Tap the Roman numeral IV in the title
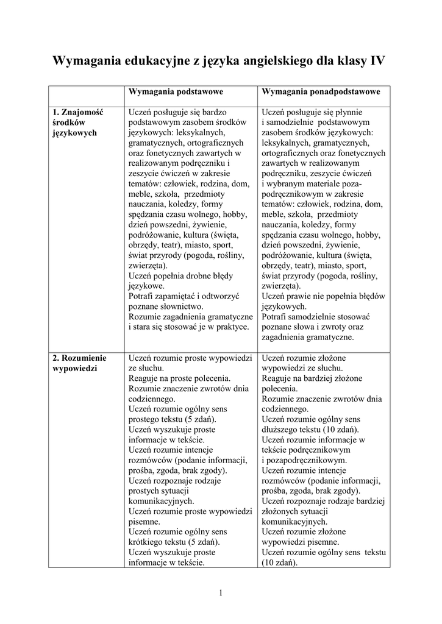(x=376, y=62)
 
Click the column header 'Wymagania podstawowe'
(x=176, y=91)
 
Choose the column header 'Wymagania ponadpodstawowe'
(x=321, y=91)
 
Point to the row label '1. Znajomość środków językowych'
(x=78, y=122)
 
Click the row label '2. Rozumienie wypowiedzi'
(x=79, y=363)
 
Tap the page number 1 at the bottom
(x=220, y=593)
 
